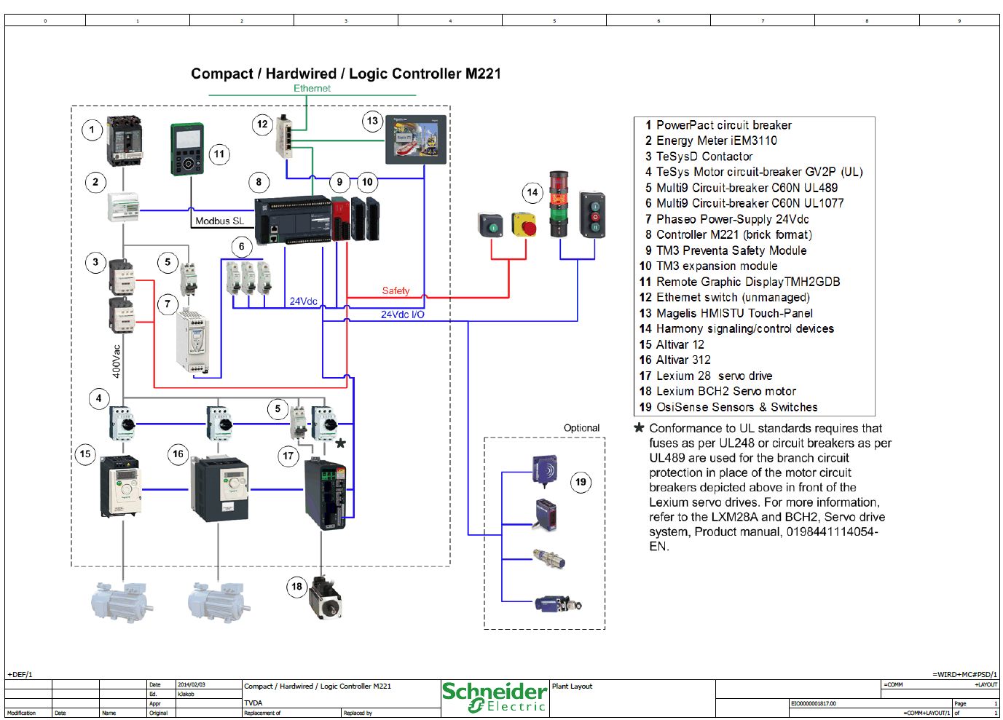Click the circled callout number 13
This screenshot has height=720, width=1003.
(372, 121)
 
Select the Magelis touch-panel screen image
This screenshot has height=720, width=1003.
(416, 139)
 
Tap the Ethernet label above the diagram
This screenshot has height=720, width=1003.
(312, 88)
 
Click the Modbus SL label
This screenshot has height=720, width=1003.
(219, 221)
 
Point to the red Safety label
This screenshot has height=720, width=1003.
(396, 290)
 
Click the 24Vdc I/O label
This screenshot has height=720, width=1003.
(402, 314)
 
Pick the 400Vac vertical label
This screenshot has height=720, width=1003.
(117, 361)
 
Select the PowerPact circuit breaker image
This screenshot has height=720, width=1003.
(125, 141)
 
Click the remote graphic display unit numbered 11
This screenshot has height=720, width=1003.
(188, 149)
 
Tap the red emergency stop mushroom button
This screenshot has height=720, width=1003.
(524, 225)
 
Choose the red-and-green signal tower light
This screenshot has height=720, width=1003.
(559, 204)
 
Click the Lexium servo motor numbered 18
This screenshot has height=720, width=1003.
(325, 598)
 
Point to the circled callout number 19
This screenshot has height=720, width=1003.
(581, 481)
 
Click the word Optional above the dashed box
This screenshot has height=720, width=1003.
(581, 428)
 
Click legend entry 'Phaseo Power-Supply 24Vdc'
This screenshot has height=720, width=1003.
(732, 219)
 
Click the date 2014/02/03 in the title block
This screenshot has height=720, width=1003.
(192, 685)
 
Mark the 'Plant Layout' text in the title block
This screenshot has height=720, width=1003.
(572, 686)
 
